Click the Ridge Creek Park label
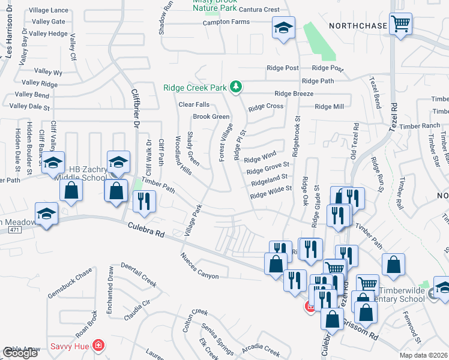[x=194, y=88]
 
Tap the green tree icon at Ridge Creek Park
[x=237, y=88]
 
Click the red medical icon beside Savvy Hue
[x=98, y=346]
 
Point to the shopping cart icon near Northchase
[x=400, y=25]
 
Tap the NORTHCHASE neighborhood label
[x=356, y=26]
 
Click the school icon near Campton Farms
[x=283, y=27]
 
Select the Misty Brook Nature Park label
[x=214, y=5]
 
